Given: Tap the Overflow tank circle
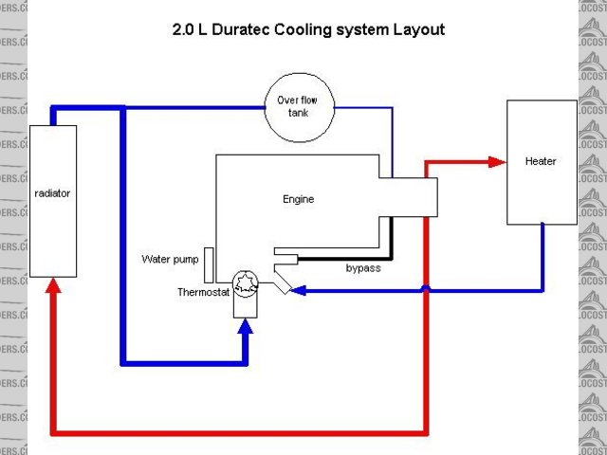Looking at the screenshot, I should [299, 107].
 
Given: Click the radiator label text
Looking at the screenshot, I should [52, 193].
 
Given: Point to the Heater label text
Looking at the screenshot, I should [541, 161].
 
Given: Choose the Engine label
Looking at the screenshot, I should [298, 199].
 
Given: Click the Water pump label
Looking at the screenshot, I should [172, 259].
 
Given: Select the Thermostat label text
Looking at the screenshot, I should [203, 292].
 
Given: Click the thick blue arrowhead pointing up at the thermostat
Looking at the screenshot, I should [245, 328].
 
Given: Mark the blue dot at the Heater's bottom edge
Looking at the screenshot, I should [542, 226].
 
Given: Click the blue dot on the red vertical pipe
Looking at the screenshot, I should [426, 289].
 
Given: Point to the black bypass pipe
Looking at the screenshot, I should [388, 242].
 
